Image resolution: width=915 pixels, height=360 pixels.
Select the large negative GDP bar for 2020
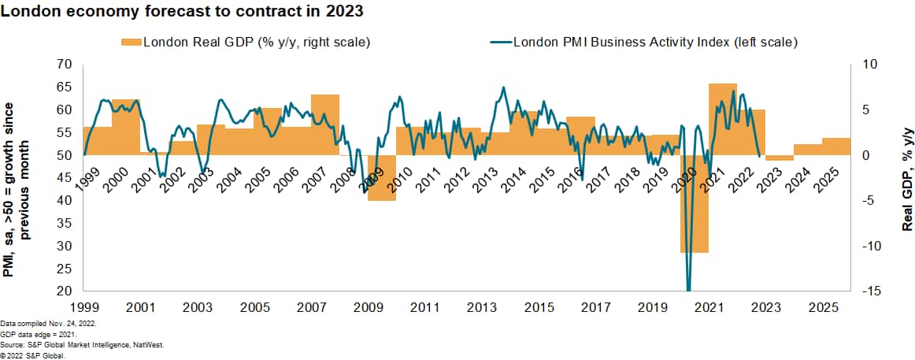click(695, 204)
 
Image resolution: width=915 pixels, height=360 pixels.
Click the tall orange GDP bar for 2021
click(723, 118)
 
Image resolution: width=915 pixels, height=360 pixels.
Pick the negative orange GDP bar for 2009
click(381, 178)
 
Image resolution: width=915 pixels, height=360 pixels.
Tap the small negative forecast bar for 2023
click(780, 158)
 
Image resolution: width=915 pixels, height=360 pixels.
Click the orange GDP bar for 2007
click(325, 124)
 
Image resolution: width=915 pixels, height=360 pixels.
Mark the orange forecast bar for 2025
click(836, 147)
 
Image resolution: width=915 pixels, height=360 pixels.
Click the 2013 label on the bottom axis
click(481, 306)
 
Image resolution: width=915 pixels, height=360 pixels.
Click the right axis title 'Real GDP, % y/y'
click(907, 178)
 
